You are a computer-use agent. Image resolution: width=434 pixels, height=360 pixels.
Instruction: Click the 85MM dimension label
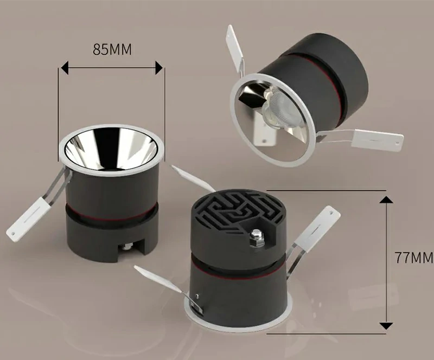[112, 49]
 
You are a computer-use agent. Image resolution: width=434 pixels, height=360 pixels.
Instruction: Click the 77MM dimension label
[414, 258]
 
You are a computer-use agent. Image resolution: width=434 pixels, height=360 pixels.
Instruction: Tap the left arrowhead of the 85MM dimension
[65, 68]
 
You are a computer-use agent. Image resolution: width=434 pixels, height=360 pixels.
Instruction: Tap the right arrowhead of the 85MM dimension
[159, 68]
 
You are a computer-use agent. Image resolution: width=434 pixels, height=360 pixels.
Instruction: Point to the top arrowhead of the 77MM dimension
[386, 200]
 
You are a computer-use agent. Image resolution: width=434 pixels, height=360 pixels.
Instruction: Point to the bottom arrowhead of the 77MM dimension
[386, 326]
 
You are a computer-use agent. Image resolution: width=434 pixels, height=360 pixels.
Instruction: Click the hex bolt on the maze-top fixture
[257, 237]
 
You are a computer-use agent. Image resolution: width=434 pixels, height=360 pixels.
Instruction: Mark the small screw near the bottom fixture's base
[197, 297]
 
